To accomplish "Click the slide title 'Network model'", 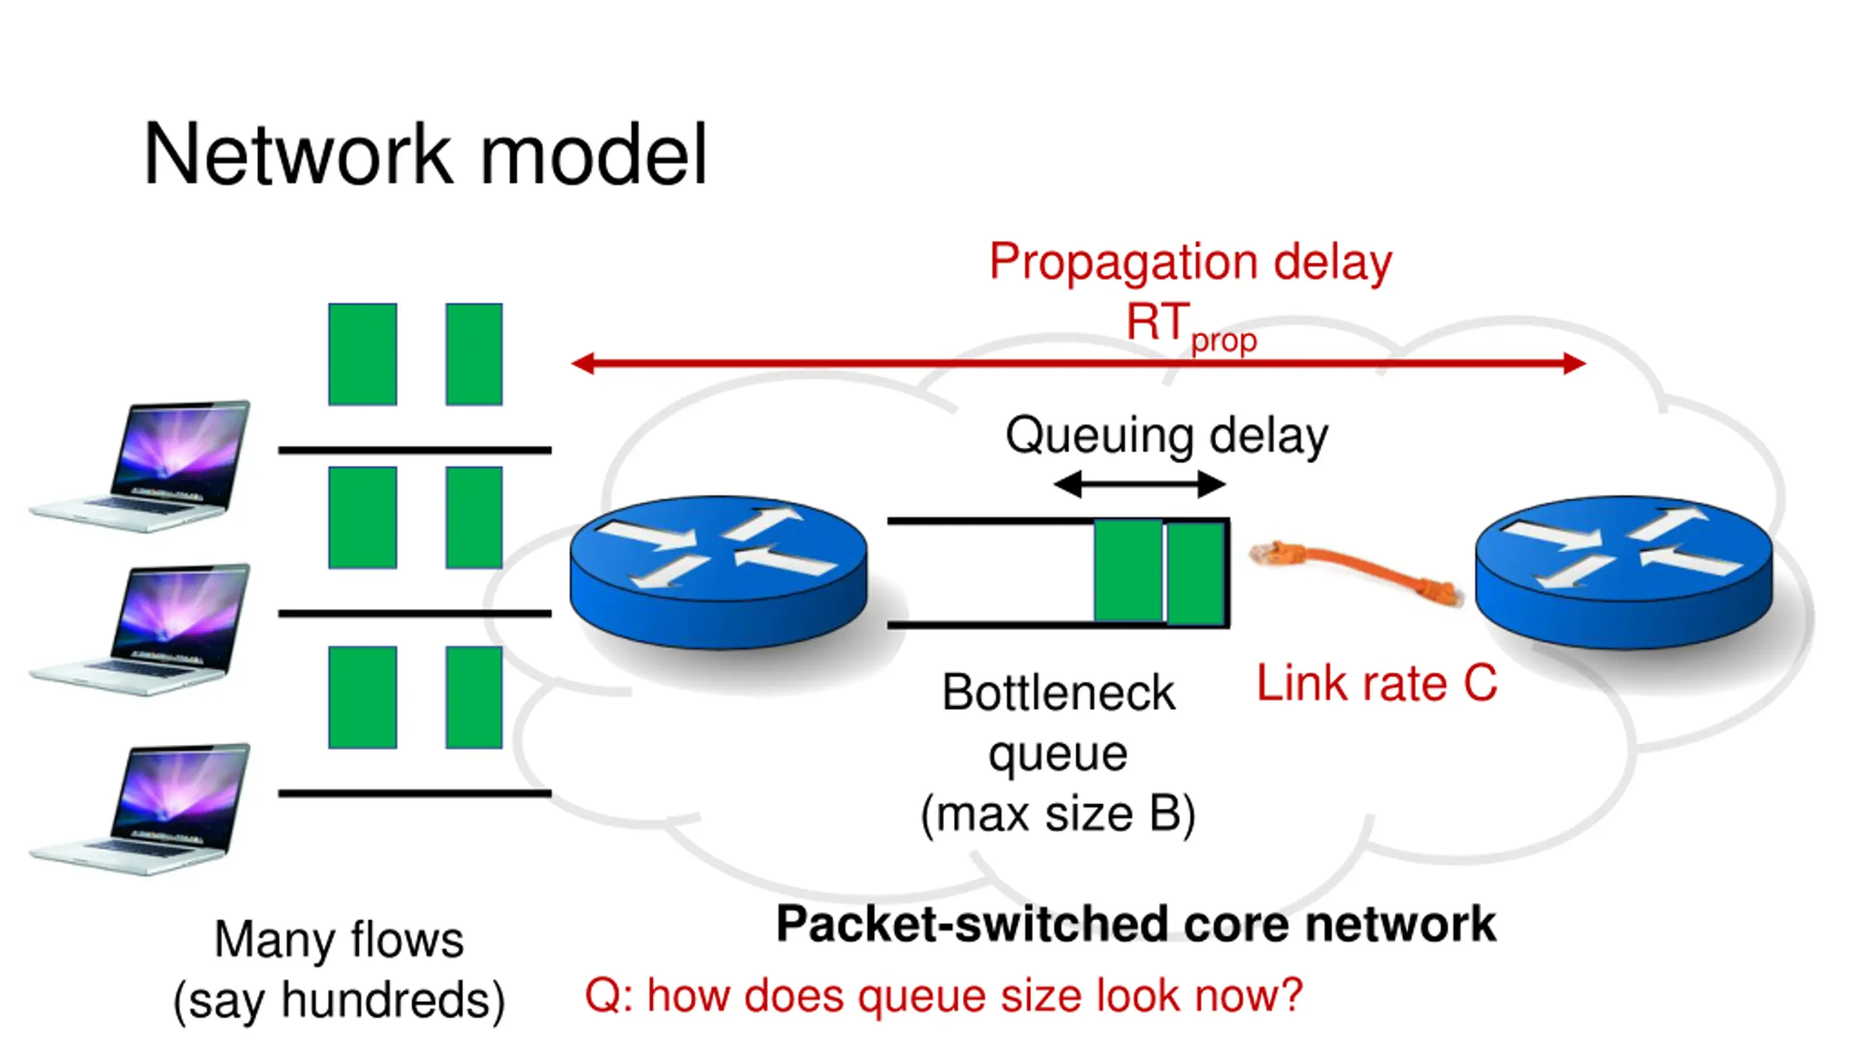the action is tap(425, 155).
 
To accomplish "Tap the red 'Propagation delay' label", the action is tap(1190, 262).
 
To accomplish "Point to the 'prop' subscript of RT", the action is tap(1224, 341).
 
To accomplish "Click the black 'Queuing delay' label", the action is tap(1166, 435).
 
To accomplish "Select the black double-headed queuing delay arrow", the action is tap(1139, 484).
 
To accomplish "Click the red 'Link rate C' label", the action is tap(1376, 683).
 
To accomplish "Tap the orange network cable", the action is tap(1356, 573).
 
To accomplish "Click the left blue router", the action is tap(719, 572).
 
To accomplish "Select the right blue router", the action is tap(1624, 572).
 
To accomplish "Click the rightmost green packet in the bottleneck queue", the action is tap(1196, 573).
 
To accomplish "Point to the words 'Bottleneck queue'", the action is tap(1058, 723).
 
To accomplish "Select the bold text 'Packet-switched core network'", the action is tap(1136, 924).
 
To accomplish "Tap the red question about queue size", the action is tap(944, 995).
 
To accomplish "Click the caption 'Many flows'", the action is tap(339, 939).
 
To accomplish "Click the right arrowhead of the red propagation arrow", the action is tap(1575, 364).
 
